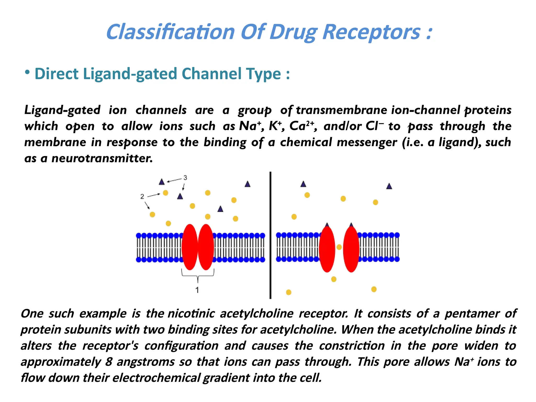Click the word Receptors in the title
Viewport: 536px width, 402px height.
click(x=371, y=32)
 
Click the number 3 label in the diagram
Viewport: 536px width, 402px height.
click(x=185, y=178)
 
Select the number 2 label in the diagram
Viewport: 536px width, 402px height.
click(x=142, y=196)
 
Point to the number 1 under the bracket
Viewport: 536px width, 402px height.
click(x=197, y=290)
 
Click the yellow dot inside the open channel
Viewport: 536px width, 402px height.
click(x=339, y=247)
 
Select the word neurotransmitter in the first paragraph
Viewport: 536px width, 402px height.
click(x=102, y=158)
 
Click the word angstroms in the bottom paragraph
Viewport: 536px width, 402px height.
click(x=146, y=362)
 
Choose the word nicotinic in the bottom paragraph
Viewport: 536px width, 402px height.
click(x=191, y=314)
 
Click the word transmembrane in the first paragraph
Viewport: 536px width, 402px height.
click(x=342, y=110)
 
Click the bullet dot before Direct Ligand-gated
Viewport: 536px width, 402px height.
click(x=27, y=72)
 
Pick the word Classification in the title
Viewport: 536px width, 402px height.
click(x=170, y=32)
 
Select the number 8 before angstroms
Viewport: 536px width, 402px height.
click(x=109, y=362)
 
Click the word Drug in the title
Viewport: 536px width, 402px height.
click(x=293, y=32)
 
